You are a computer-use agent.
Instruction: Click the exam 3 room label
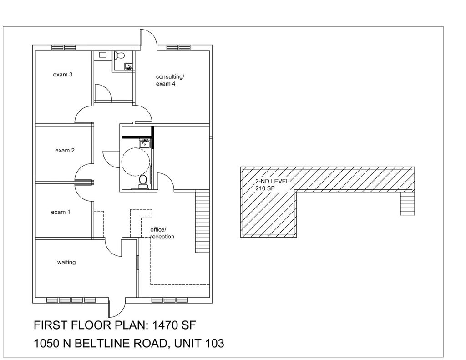point(63,75)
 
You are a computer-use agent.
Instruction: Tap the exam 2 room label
point(65,151)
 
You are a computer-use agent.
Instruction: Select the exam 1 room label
point(61,212)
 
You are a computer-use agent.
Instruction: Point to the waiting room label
point(66,262)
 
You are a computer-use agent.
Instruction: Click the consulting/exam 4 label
point(170,80)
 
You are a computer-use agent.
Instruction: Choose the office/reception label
point(162,233)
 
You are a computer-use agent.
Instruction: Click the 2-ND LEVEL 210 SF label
point(272,185)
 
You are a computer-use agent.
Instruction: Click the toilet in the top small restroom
point(119,55)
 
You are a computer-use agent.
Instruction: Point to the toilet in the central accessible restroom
point(143,182)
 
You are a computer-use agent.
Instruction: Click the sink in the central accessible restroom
point(145,143)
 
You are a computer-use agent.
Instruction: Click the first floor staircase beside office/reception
point(202,222)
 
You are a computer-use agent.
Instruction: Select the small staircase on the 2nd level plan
point(407,203)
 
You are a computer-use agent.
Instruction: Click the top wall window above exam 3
point(64,48)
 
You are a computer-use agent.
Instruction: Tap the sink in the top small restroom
point(129,66)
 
